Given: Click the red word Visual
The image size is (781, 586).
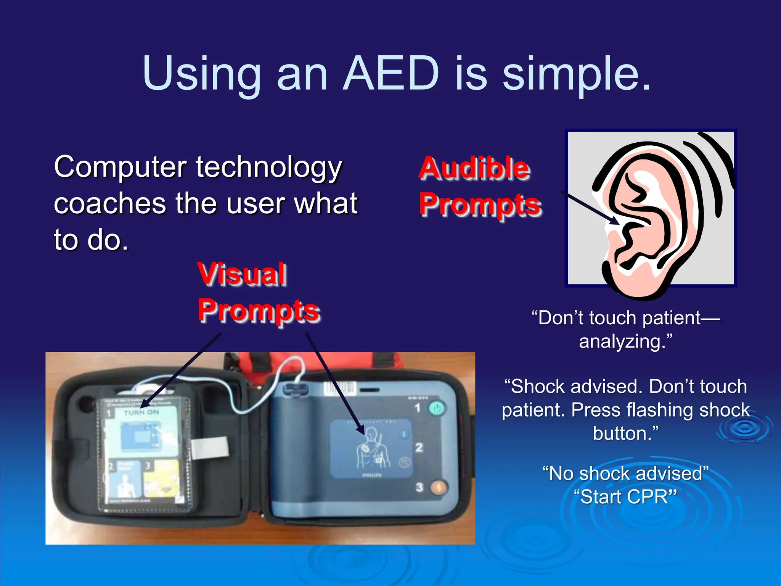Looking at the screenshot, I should coord(242,274).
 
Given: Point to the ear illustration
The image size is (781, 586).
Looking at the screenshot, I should coord(656,214).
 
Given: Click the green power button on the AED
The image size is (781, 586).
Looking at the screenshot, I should coord(436,408).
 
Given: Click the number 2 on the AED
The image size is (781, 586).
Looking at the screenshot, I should coord(419,447).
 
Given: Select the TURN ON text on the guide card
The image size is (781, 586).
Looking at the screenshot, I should coord(141,412).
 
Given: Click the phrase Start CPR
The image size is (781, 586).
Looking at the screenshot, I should coord(625,497).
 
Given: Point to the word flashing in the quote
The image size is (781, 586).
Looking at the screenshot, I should coord(661,410).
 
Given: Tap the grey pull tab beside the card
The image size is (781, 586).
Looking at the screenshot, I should coord(210,448).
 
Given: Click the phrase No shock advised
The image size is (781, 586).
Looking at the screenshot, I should coord(625,473).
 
